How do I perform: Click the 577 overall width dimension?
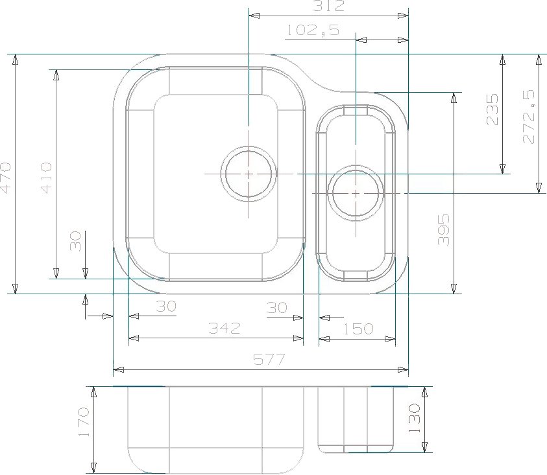coord(269,359)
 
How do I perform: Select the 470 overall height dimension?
coord(6,178)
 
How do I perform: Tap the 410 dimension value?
coord(46,178)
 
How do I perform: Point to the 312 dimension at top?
coord(328,6)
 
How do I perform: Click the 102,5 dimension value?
coord(313,30)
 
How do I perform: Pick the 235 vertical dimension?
coord(492,109)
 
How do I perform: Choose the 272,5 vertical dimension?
coord(529,117)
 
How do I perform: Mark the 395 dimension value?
coord(443,229)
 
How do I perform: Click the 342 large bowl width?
coord(225,328)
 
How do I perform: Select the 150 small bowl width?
coord(358,329)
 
